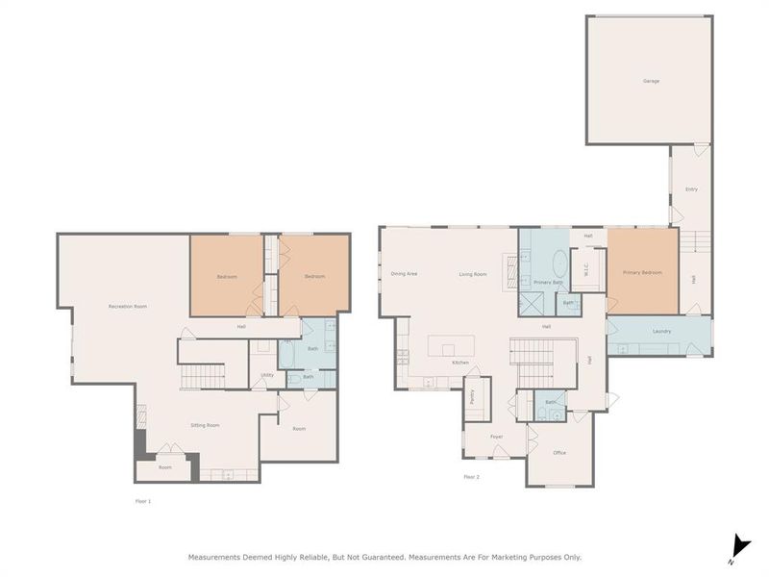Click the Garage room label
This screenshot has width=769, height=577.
point(651,81)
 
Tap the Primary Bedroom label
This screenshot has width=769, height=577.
point(642,273)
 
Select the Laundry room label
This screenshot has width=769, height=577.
point(661,332)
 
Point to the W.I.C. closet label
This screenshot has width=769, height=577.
point(588,273)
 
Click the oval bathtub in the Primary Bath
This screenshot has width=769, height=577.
point(559,266)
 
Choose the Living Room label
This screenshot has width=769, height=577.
point(472,274)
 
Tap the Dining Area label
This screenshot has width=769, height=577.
point(404,274)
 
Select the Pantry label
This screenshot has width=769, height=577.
point(473,396)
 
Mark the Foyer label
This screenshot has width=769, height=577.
point(497,437)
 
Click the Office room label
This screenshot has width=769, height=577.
point(559,452)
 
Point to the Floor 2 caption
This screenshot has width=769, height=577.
point(471,477)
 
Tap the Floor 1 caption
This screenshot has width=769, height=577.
point(143,501)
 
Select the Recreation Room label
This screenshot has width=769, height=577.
point(127,307)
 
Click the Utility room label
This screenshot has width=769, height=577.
point(266,375)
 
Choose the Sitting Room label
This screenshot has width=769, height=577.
point(205,425)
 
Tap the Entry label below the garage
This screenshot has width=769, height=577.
point(691,189)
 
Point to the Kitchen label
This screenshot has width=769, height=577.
point(460,362)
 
